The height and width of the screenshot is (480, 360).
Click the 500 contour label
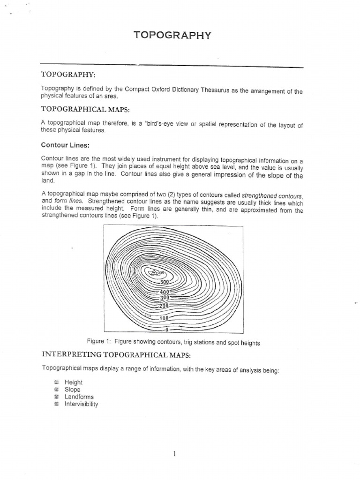pyautogui.click(x=164, y=282)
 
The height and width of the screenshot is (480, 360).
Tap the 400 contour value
pyautogui.click(x=164, y=292)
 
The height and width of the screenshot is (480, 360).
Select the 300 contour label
pyautogui.click(x=164, y=298)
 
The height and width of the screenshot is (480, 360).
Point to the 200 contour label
pyautogui.click(x=163, y=306)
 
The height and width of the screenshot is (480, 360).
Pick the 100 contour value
pyautogui.click(x=164, y=318)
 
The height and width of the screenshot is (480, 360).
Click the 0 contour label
pyautogui.click(x=166, y=329)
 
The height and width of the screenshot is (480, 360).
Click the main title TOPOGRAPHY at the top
pyautogui.click(x=172, y=35)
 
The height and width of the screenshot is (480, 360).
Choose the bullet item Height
pyautogui.click(x=74, y=382)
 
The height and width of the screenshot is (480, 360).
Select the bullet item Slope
pyautogui.click(x=73, y=390)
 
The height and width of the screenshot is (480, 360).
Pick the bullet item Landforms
pyautogui.click(x=79, y=397)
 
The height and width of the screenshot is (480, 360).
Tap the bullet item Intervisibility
pyautogui.click(x=82, y=404)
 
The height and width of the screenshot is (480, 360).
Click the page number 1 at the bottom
pyautogui.click(x=174, y=453)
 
